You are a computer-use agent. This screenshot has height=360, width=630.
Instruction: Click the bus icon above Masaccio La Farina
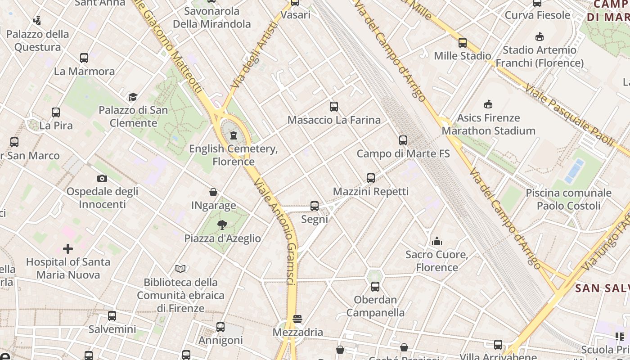click(333, 107)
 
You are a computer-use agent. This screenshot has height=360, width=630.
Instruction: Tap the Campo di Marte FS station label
click(403, 153)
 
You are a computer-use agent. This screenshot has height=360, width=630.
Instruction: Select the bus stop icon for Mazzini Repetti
click(370, 178)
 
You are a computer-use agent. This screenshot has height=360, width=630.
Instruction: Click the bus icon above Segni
click(315, 206)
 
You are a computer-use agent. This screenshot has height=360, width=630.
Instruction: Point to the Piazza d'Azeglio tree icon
click(222, 225)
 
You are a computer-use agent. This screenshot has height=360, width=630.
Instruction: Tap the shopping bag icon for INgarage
click(213, 192)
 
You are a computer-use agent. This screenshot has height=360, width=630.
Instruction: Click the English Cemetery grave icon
click(234, 135)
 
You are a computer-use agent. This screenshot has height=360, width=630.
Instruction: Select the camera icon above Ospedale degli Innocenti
click(102, 178)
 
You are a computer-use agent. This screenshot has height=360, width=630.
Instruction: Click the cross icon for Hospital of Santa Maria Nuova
click(68, 248)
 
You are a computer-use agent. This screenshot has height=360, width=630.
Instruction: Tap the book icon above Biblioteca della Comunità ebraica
click(180, 269)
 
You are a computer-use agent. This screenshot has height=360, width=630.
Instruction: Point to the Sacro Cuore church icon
click(436, 242)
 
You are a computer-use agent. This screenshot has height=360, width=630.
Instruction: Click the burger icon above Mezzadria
click(297, 319)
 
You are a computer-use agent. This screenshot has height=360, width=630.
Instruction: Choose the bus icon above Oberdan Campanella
click(375, 287)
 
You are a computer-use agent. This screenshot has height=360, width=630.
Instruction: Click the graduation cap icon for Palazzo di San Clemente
click(133, 97)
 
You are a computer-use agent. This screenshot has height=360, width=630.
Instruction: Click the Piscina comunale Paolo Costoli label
click(568, 199)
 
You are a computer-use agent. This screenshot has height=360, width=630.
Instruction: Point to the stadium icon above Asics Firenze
click(488, 104)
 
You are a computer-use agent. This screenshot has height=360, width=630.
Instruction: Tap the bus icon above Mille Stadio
click(462, 43)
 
